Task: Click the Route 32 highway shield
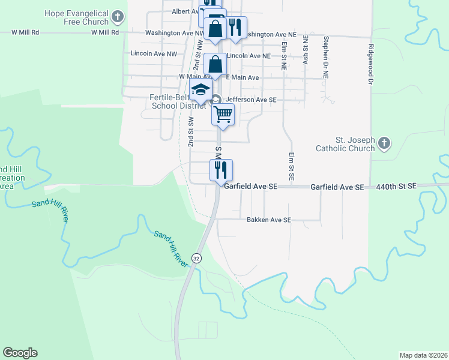click(196, 257)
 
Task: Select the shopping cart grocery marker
click(223, 113)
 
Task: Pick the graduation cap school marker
click(200, 92)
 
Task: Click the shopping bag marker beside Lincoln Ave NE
click(215, 64)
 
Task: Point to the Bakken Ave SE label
click(268, 220)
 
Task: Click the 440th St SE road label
click(396, 187)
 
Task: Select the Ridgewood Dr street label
click(372, 64)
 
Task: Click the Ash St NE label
click(306, 50)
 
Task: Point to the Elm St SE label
click(291, 167)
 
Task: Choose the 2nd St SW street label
click(190, 133)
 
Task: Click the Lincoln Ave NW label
click(154, 54)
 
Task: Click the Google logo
click(20, 353)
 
